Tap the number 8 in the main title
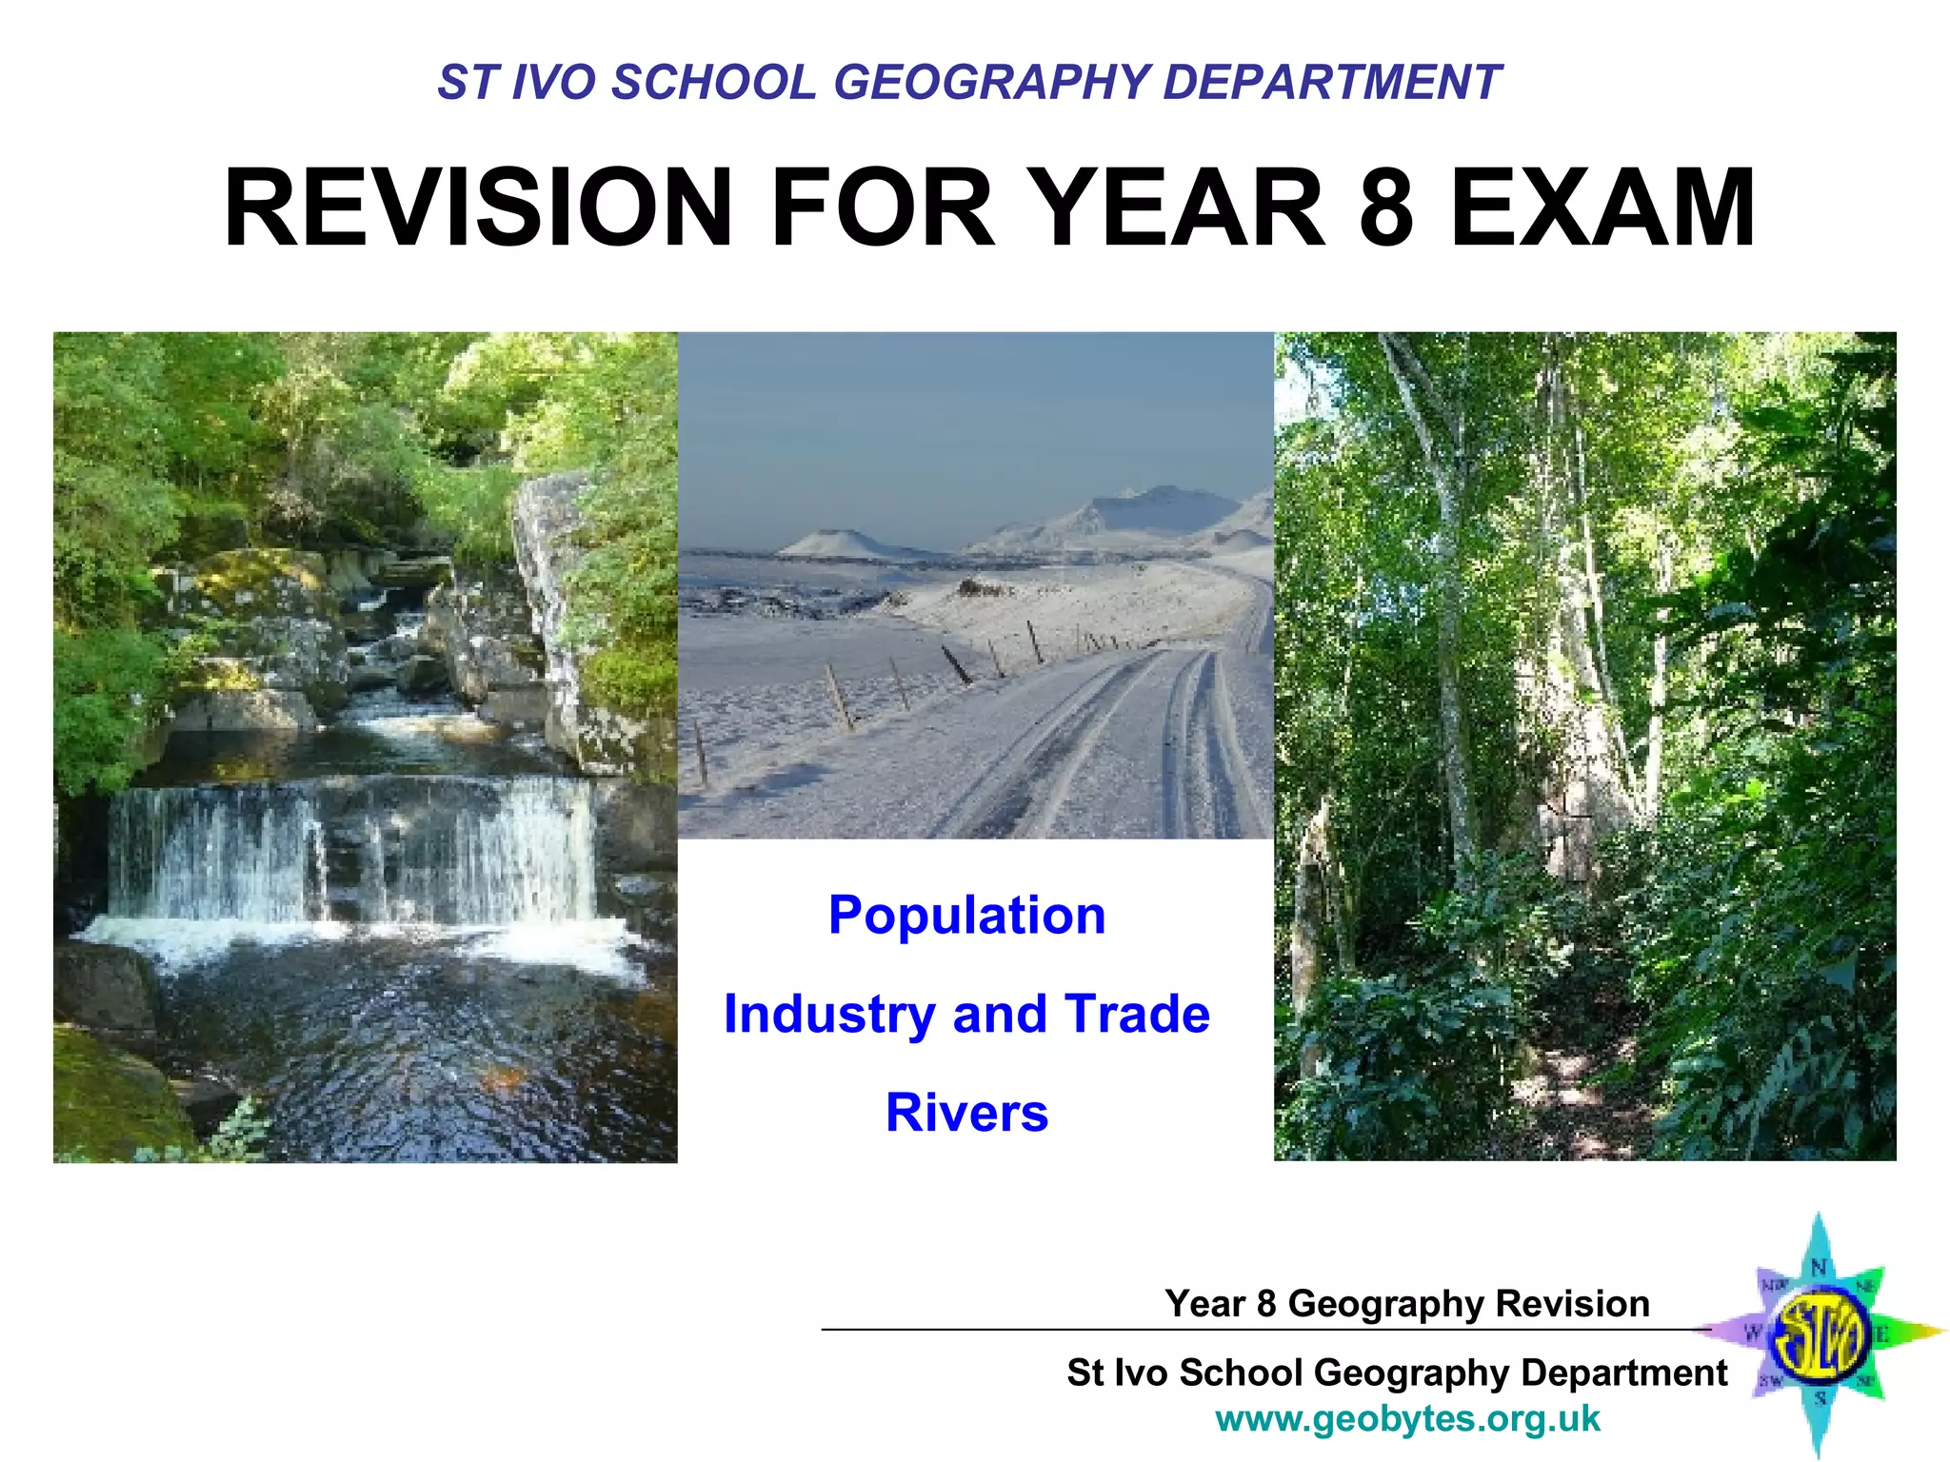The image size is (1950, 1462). pos(1385,207)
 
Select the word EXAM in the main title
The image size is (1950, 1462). pos(1602,207)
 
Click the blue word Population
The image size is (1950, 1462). pos(966,915)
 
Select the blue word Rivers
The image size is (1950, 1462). pos(966,1112)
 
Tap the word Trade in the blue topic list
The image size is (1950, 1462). pos(1136,1013)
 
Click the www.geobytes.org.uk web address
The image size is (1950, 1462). pos(1407,1419)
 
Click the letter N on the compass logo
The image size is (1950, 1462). pos(1819,1267)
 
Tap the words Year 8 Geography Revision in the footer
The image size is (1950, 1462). pos(1407,1303)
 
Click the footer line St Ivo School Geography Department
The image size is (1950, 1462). pos(1397,1373)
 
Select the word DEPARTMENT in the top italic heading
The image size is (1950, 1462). pos(1331,82)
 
